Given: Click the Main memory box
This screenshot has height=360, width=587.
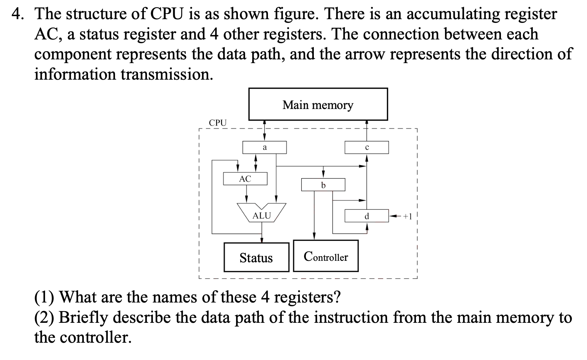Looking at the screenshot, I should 318,104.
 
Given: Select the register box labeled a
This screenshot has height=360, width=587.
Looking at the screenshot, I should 265,147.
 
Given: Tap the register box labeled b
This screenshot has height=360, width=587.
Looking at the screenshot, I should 323,185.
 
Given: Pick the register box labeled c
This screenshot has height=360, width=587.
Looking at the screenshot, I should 366,147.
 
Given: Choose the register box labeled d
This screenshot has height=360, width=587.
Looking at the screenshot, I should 366,216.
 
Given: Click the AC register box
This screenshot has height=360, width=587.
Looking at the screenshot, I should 245,179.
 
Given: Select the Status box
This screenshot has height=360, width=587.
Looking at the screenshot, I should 256,257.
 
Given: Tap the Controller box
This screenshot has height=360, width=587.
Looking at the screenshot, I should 325,257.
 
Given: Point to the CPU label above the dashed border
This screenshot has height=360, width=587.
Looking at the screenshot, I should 218,123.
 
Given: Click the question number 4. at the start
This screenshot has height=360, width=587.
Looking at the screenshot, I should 18,14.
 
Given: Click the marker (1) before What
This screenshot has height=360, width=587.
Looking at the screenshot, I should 44,297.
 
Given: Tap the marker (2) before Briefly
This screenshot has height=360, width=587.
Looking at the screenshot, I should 44,318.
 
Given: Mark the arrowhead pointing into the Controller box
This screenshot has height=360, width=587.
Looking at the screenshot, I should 314,236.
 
